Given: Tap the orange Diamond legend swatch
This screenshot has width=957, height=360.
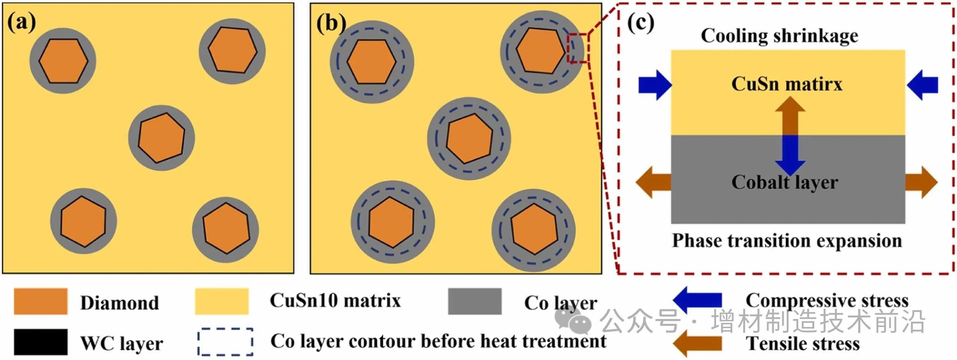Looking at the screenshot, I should tap(41, 301).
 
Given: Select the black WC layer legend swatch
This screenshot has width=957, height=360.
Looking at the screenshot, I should tap(41, 342).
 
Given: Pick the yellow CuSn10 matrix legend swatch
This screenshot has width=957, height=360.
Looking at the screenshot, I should tap(222, 301).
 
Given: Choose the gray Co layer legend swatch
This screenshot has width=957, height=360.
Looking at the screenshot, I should tap(474, 301).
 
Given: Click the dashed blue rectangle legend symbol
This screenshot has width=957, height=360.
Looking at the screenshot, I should tap(225, 342).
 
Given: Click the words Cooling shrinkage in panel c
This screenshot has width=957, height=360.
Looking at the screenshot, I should tap(779, 36).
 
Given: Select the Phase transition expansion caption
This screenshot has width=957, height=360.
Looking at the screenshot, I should tap(787, 241).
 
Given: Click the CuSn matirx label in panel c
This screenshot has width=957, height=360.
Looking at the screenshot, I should tap(786, 84).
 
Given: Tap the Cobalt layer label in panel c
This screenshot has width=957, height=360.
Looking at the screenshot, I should tap(784, 182).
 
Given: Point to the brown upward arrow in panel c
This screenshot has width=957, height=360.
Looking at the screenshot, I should tap(790, 115).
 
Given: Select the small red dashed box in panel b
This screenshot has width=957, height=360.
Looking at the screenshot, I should tap(578, 48).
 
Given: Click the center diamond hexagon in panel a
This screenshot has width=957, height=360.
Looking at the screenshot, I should tap(161, 137).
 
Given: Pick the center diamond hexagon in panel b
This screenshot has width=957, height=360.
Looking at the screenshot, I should tap(469, 138).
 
